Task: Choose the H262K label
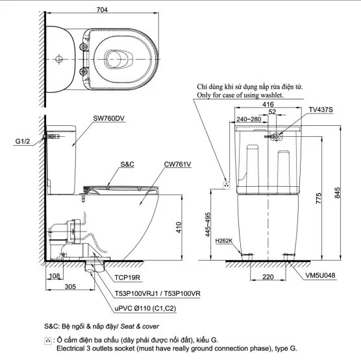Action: (x=225, y=242)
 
